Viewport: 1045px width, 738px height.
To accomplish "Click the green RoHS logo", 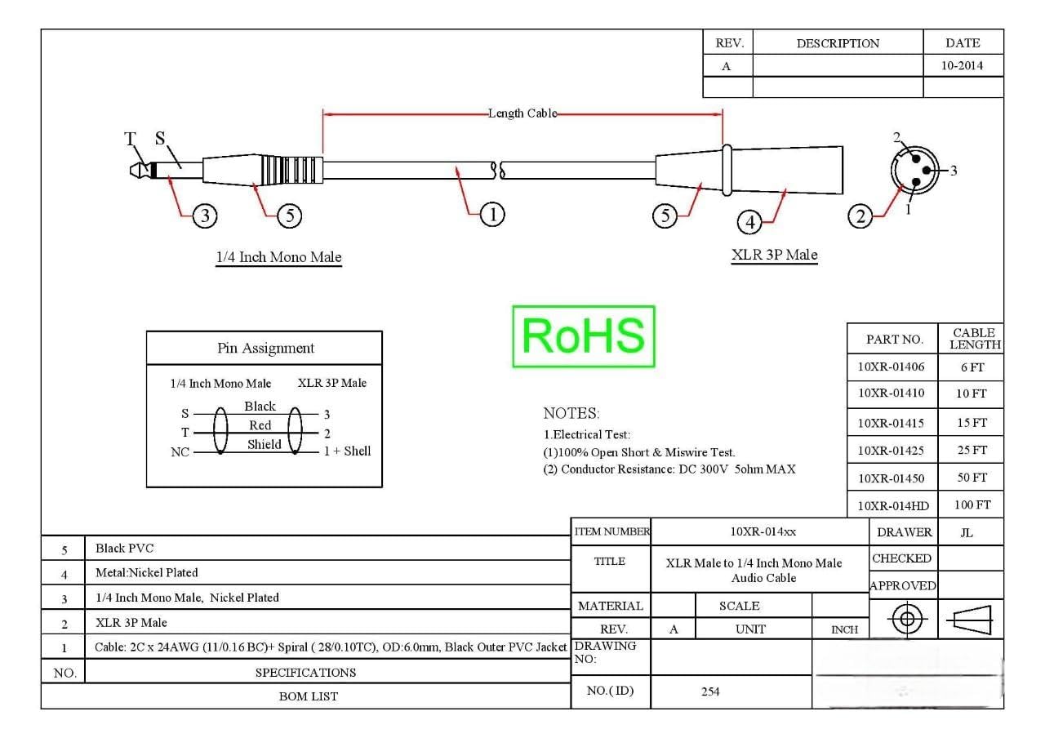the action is pos(584,336).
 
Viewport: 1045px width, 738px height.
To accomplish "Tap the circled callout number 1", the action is pos(492,215).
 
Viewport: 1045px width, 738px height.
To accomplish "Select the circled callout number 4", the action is pos(749,222).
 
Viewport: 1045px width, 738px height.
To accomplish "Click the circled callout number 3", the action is pos(205,216).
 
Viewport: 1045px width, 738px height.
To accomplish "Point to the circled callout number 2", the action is pos(860,216).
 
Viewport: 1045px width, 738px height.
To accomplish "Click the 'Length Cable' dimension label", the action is pos(522,113).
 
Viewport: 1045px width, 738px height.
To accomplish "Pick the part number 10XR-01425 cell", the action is pos(891,451).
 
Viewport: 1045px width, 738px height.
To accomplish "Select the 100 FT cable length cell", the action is pos(972,505).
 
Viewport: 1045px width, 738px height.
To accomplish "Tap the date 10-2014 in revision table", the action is pos(962,65).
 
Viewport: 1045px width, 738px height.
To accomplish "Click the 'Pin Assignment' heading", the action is pos(265,348).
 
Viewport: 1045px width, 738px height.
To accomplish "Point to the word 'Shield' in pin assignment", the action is pos(264,445).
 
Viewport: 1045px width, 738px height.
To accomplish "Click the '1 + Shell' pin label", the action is pos(347,451).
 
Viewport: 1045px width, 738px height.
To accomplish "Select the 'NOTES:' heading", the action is pos(571,413).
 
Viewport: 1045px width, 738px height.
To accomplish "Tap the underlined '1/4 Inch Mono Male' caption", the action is pos(278,257).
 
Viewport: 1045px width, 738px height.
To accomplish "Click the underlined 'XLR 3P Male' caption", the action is pos(774,255).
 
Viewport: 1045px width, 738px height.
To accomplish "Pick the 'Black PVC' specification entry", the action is pos(125,548).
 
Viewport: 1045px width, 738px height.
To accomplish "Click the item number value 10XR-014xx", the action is pos(763,531).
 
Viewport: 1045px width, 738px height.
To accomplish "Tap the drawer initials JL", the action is pos(967,533).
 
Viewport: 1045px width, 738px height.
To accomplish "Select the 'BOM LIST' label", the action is pos(309,696).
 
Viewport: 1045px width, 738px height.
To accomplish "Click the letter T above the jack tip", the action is pos(130,139).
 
